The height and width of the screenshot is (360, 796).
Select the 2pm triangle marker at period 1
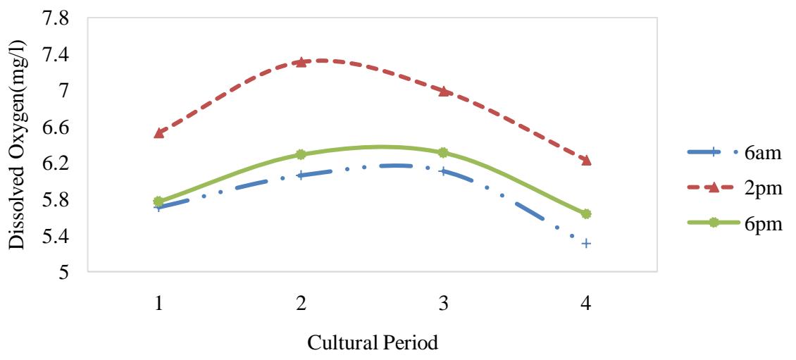pos(159,132)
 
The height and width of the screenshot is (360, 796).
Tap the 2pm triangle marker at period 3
pos(444,91)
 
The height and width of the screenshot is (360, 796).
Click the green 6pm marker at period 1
pos(159,201)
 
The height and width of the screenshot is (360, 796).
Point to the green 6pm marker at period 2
pos(301,154)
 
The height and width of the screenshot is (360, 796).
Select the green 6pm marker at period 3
pos(444,152)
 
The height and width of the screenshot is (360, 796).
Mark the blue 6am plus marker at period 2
pos(301,175)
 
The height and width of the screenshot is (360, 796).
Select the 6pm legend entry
pos(735,222)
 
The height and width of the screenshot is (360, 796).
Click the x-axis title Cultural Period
pos(373,345)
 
